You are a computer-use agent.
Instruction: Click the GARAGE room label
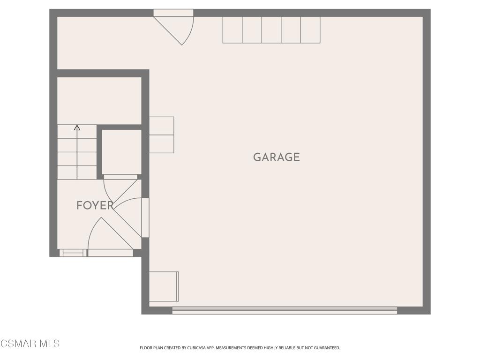277,157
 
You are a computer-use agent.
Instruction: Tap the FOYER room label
95,205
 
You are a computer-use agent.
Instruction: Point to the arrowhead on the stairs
77,127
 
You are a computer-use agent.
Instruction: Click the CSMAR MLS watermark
30,344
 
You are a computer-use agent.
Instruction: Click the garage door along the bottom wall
285,310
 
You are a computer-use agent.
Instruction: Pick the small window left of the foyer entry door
73,253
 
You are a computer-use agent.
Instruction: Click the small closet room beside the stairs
121,152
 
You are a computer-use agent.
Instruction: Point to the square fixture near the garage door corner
164,286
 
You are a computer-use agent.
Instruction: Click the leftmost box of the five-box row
232,30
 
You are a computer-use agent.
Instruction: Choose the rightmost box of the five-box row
310,30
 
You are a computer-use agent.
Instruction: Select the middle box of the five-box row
271,30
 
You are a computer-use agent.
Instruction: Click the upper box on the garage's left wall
162,126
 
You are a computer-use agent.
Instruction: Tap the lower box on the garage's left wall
162,144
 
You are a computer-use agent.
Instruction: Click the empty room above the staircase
99,101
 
